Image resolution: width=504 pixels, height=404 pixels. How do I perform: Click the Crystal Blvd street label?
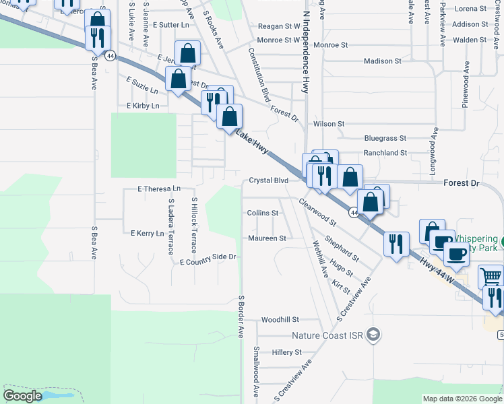pos(269,180)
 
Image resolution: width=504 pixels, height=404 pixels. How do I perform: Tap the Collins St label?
pos(263,213)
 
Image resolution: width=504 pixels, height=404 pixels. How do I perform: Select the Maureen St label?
pos(267,238)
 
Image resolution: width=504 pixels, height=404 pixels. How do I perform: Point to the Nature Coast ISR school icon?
pos(375,335)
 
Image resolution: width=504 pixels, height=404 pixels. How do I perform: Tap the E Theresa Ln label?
pos(159,189)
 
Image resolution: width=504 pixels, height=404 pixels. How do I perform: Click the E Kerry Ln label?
pos(148,234)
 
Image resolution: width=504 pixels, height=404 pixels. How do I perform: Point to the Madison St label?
pos(383,61)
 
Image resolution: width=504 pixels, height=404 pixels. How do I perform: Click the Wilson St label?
pos(329,124)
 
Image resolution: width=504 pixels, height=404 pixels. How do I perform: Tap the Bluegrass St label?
pos(385,138)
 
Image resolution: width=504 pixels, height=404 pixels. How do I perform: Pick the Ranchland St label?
pos(385,153)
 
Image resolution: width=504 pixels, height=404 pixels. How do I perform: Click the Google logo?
pos(23,396)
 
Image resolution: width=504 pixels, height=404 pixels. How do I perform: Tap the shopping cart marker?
pos(491,276)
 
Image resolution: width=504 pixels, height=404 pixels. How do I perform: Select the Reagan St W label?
pos(279,27)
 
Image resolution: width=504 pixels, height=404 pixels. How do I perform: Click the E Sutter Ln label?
pos(172,25)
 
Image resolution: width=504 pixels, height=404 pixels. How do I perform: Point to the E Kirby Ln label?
pos(143,106)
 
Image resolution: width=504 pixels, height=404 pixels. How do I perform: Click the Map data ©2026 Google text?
pos(462,399)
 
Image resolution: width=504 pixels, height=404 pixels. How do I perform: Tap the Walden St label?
pos(470,40)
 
